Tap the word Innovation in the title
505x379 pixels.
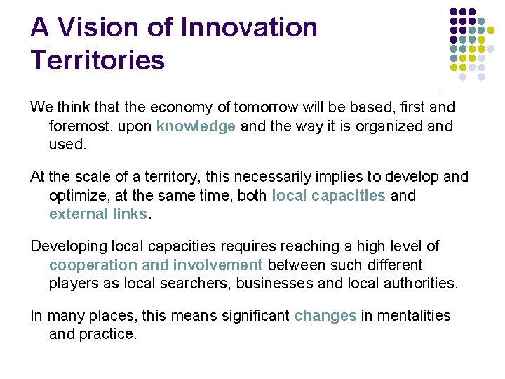coord(248,28)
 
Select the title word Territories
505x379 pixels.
coord(97,60)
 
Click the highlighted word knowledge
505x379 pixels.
coord(196,126)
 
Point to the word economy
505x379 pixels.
coord(160,107)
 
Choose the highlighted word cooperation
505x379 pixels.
coord(93,265)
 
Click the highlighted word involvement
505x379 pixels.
coord(218,265)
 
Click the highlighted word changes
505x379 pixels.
coord(325,316)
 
